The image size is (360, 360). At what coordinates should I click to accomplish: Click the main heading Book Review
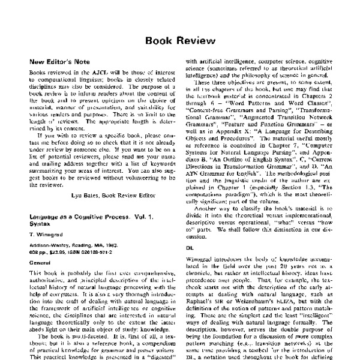[180, 41]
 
